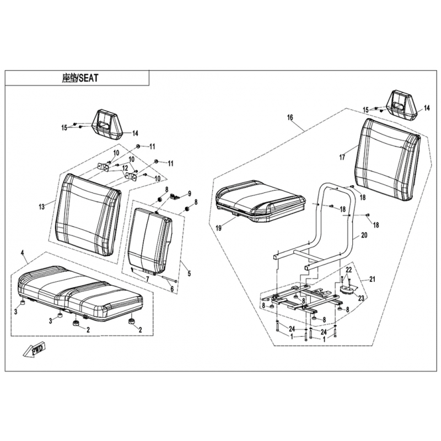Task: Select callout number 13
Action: click(x=41, y=207)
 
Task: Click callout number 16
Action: click(x=291, y=117)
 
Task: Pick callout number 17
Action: click(x=342, y=158)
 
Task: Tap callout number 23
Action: click(x=362, y=298)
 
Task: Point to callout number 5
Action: click(x=189, y=273)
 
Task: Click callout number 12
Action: click(x=125, y=168)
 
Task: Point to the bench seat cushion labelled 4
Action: click(x=80, y=292)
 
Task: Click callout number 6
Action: click(x=171, y=288)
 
